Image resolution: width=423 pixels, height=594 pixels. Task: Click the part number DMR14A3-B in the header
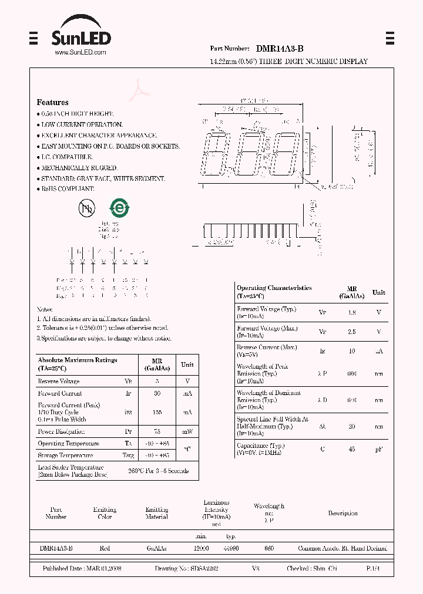(280, 49)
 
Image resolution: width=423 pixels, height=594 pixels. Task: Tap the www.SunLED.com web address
(80, 52)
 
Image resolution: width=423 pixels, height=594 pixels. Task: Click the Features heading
(53, 102)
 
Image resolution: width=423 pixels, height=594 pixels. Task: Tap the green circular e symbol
(119, 208)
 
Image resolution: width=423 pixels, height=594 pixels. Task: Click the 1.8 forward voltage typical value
(352, 313)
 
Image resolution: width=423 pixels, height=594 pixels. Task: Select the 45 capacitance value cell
(352, 449)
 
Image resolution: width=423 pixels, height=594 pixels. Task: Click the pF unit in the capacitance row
(379, 449)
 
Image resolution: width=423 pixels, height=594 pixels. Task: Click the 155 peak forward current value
(157, 412)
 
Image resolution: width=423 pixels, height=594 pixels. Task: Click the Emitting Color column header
(105, 513)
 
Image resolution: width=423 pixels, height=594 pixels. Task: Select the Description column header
(343, 513)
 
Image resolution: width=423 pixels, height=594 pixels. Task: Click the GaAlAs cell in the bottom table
(156, 548)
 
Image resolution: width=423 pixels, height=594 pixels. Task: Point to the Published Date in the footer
(82, 569)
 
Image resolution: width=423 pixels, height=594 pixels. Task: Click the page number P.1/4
(372, 569)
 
